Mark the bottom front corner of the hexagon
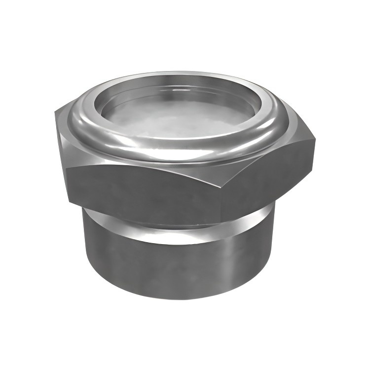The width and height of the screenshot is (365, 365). point(220,222)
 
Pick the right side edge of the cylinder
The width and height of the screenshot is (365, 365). point(272,252)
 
